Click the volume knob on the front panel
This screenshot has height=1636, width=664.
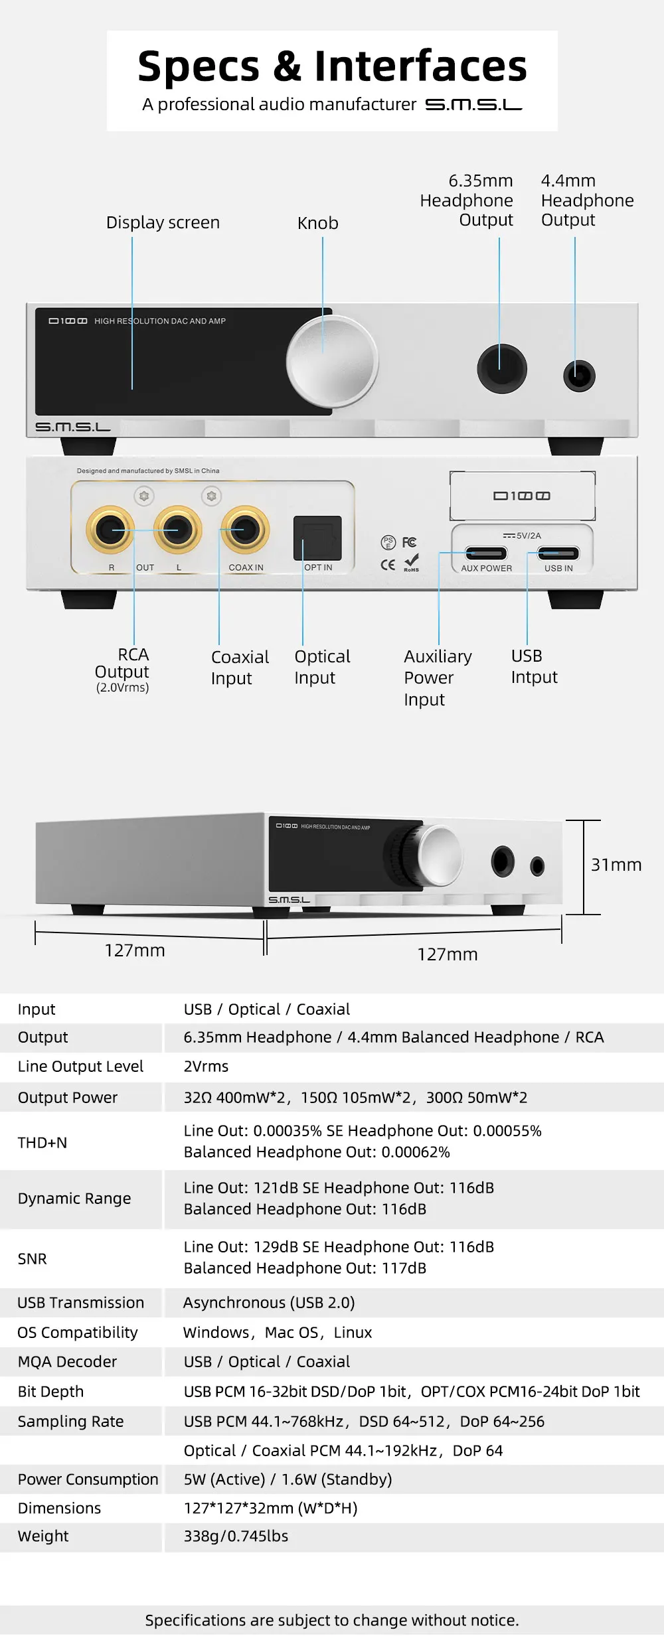(x=332, y=362)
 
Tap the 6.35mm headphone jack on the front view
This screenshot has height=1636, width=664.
(x=502, y=368)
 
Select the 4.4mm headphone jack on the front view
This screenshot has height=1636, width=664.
(x=579, y=376)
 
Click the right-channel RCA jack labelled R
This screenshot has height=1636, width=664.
(x=110, y=530)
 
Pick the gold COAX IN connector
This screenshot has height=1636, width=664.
(x=245, y=530)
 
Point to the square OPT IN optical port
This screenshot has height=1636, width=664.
(x=317, y=538)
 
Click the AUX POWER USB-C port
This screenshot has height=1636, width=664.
(x=486, y=553)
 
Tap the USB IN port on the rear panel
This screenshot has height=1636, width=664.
(x=558, y=553)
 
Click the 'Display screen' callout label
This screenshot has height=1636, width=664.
(x=163, y=222)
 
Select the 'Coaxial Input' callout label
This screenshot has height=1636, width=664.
(x=240, y=667)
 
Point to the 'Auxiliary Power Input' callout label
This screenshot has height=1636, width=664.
(x=438, y=678)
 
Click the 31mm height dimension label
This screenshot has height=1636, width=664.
(x=616, y=865)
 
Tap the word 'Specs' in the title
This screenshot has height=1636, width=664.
(x=199, y=66)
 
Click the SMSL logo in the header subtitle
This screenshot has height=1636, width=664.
(x=473, y=105)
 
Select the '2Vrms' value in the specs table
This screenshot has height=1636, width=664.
(x=206, y=1066)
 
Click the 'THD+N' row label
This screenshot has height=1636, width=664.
(x=42, y=1142)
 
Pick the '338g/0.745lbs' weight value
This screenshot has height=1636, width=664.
(x=236, y=1536)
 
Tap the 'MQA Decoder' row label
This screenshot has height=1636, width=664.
(x=67, y=1361)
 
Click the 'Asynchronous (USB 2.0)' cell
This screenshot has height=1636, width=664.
(x=269, y=1302)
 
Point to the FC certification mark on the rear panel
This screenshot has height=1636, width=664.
(x=409, y=542)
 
